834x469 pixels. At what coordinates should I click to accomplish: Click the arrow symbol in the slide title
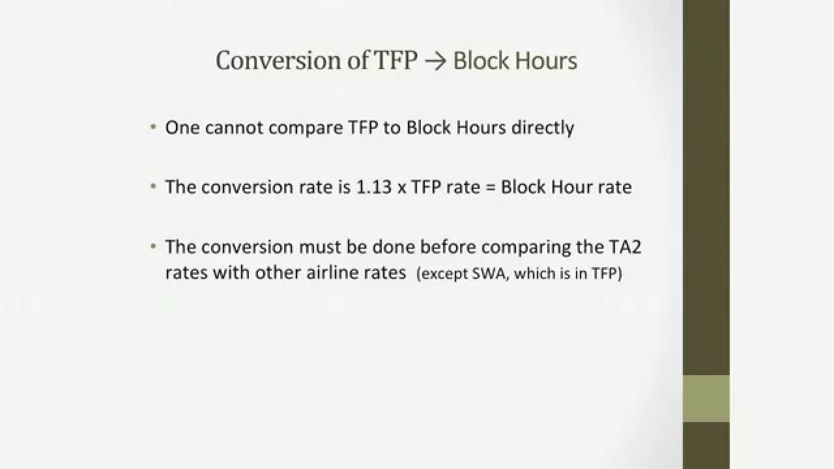pyautogui.click(x=435, y=61)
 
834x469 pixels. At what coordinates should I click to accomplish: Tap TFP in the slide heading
pyautogui.click(x=395, y=61)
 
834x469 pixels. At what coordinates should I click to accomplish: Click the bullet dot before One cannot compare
pyautogui.click(x=153, y=127)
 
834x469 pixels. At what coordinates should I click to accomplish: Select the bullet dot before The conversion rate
pyautogui.click(x=153, y=187)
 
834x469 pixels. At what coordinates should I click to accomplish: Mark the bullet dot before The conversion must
pyautogui.click(x=153, y=247)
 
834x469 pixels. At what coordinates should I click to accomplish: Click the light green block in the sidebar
pyautogui.click(x=706, y=398)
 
